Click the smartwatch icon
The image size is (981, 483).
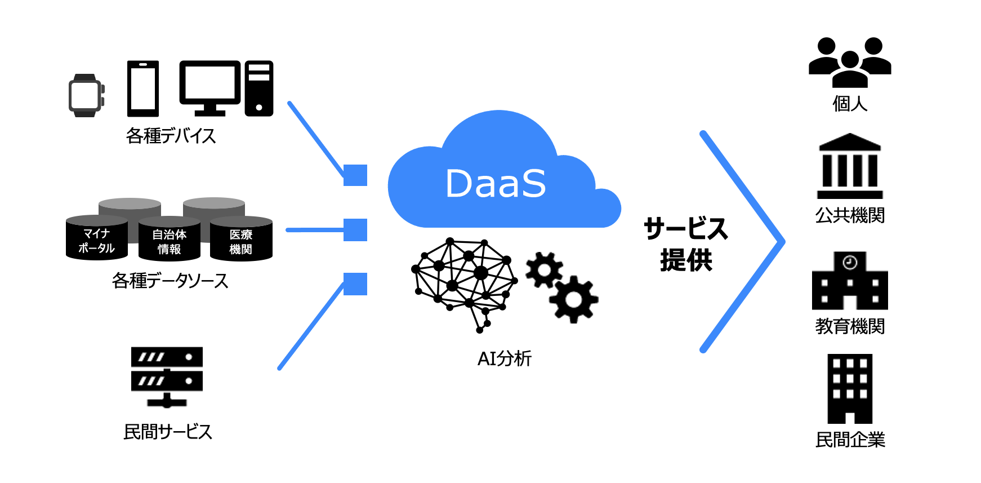86,95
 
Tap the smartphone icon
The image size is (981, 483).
143,88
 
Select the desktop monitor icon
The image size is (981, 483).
209,87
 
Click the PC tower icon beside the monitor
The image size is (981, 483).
259,88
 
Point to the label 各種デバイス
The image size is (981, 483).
171,136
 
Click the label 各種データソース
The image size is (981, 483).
170,280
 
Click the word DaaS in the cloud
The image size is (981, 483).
496,183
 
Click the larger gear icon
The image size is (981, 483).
573,300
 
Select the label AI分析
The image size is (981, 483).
504,358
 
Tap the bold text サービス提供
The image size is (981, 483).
686,244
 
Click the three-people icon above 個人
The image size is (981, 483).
850,62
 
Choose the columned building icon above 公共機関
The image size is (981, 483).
850,166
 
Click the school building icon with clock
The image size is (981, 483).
850,281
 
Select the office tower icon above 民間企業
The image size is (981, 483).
850,388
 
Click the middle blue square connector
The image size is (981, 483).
355,230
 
